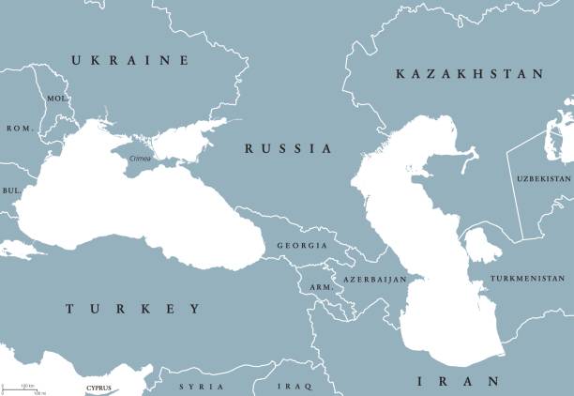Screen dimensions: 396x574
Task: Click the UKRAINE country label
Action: [129, 60]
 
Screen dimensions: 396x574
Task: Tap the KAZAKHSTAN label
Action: [469, 73]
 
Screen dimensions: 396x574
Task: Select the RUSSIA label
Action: [288, 148]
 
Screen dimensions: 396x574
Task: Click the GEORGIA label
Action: [302, 245]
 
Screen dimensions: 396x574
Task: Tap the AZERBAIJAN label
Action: [374, 280]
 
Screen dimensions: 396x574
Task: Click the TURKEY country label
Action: [132, 309]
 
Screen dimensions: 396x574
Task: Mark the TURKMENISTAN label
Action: [529, 279]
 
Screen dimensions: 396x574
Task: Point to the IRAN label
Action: [459, 381]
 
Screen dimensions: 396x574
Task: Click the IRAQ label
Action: [293, 387]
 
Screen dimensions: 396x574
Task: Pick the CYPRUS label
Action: [98, 388]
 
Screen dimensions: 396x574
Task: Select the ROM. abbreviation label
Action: [19, 128]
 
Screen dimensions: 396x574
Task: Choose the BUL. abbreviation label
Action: [13, 190]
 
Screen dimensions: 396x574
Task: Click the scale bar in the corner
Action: [23, 388]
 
